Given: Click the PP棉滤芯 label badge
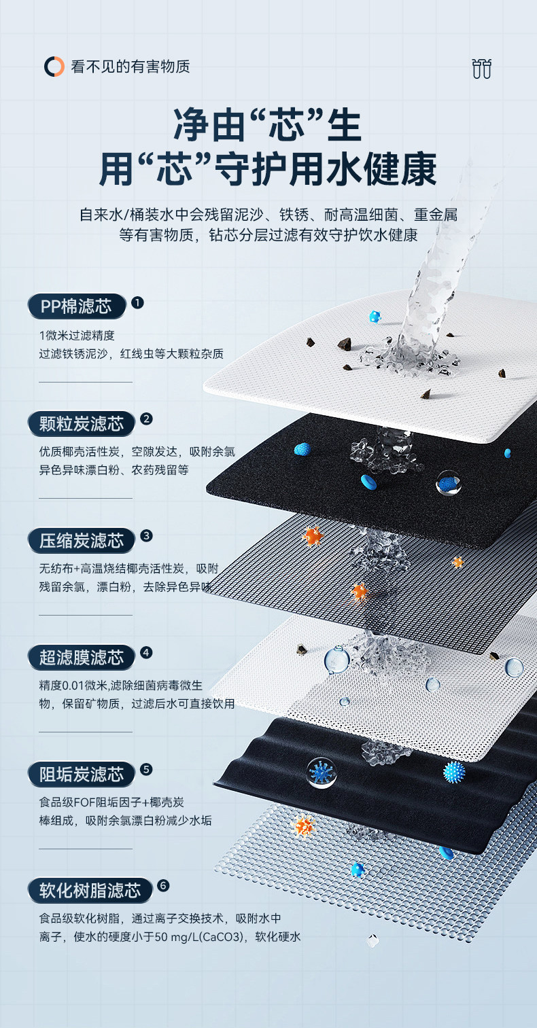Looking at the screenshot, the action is pos(76,306).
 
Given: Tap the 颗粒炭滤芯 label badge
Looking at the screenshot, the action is pos(82,424).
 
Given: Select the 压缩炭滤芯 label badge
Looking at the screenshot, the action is pos(82,541).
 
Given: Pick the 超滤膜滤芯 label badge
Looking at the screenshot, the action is pos(82,657).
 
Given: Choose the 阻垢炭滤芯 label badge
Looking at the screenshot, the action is pos(82,774).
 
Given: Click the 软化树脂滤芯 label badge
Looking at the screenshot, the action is pos(90,890).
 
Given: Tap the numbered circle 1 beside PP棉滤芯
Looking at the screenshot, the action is pos(137,302).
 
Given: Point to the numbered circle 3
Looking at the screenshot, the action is pos(146,535).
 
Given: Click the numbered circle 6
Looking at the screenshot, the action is pos(162,885).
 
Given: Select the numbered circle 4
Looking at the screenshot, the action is pos(146,653).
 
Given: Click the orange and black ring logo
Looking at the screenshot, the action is pos(54,67).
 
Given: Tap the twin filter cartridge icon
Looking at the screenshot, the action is pos(481,69).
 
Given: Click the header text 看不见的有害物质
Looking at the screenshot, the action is pos(131,67).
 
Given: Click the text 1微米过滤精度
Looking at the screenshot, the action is pos(77,335).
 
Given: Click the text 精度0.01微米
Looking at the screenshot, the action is pos(75,685).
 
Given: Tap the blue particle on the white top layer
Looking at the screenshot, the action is pos(375,317).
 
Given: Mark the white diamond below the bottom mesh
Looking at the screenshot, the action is pos(372,940).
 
